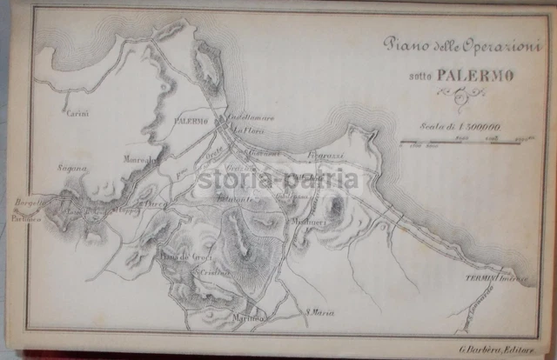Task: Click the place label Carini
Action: [x=77, y=112]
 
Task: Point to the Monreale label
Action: [x=143, y=160]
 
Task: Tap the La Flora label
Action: [x=249, y=131]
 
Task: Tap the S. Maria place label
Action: [x=319, y=312]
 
